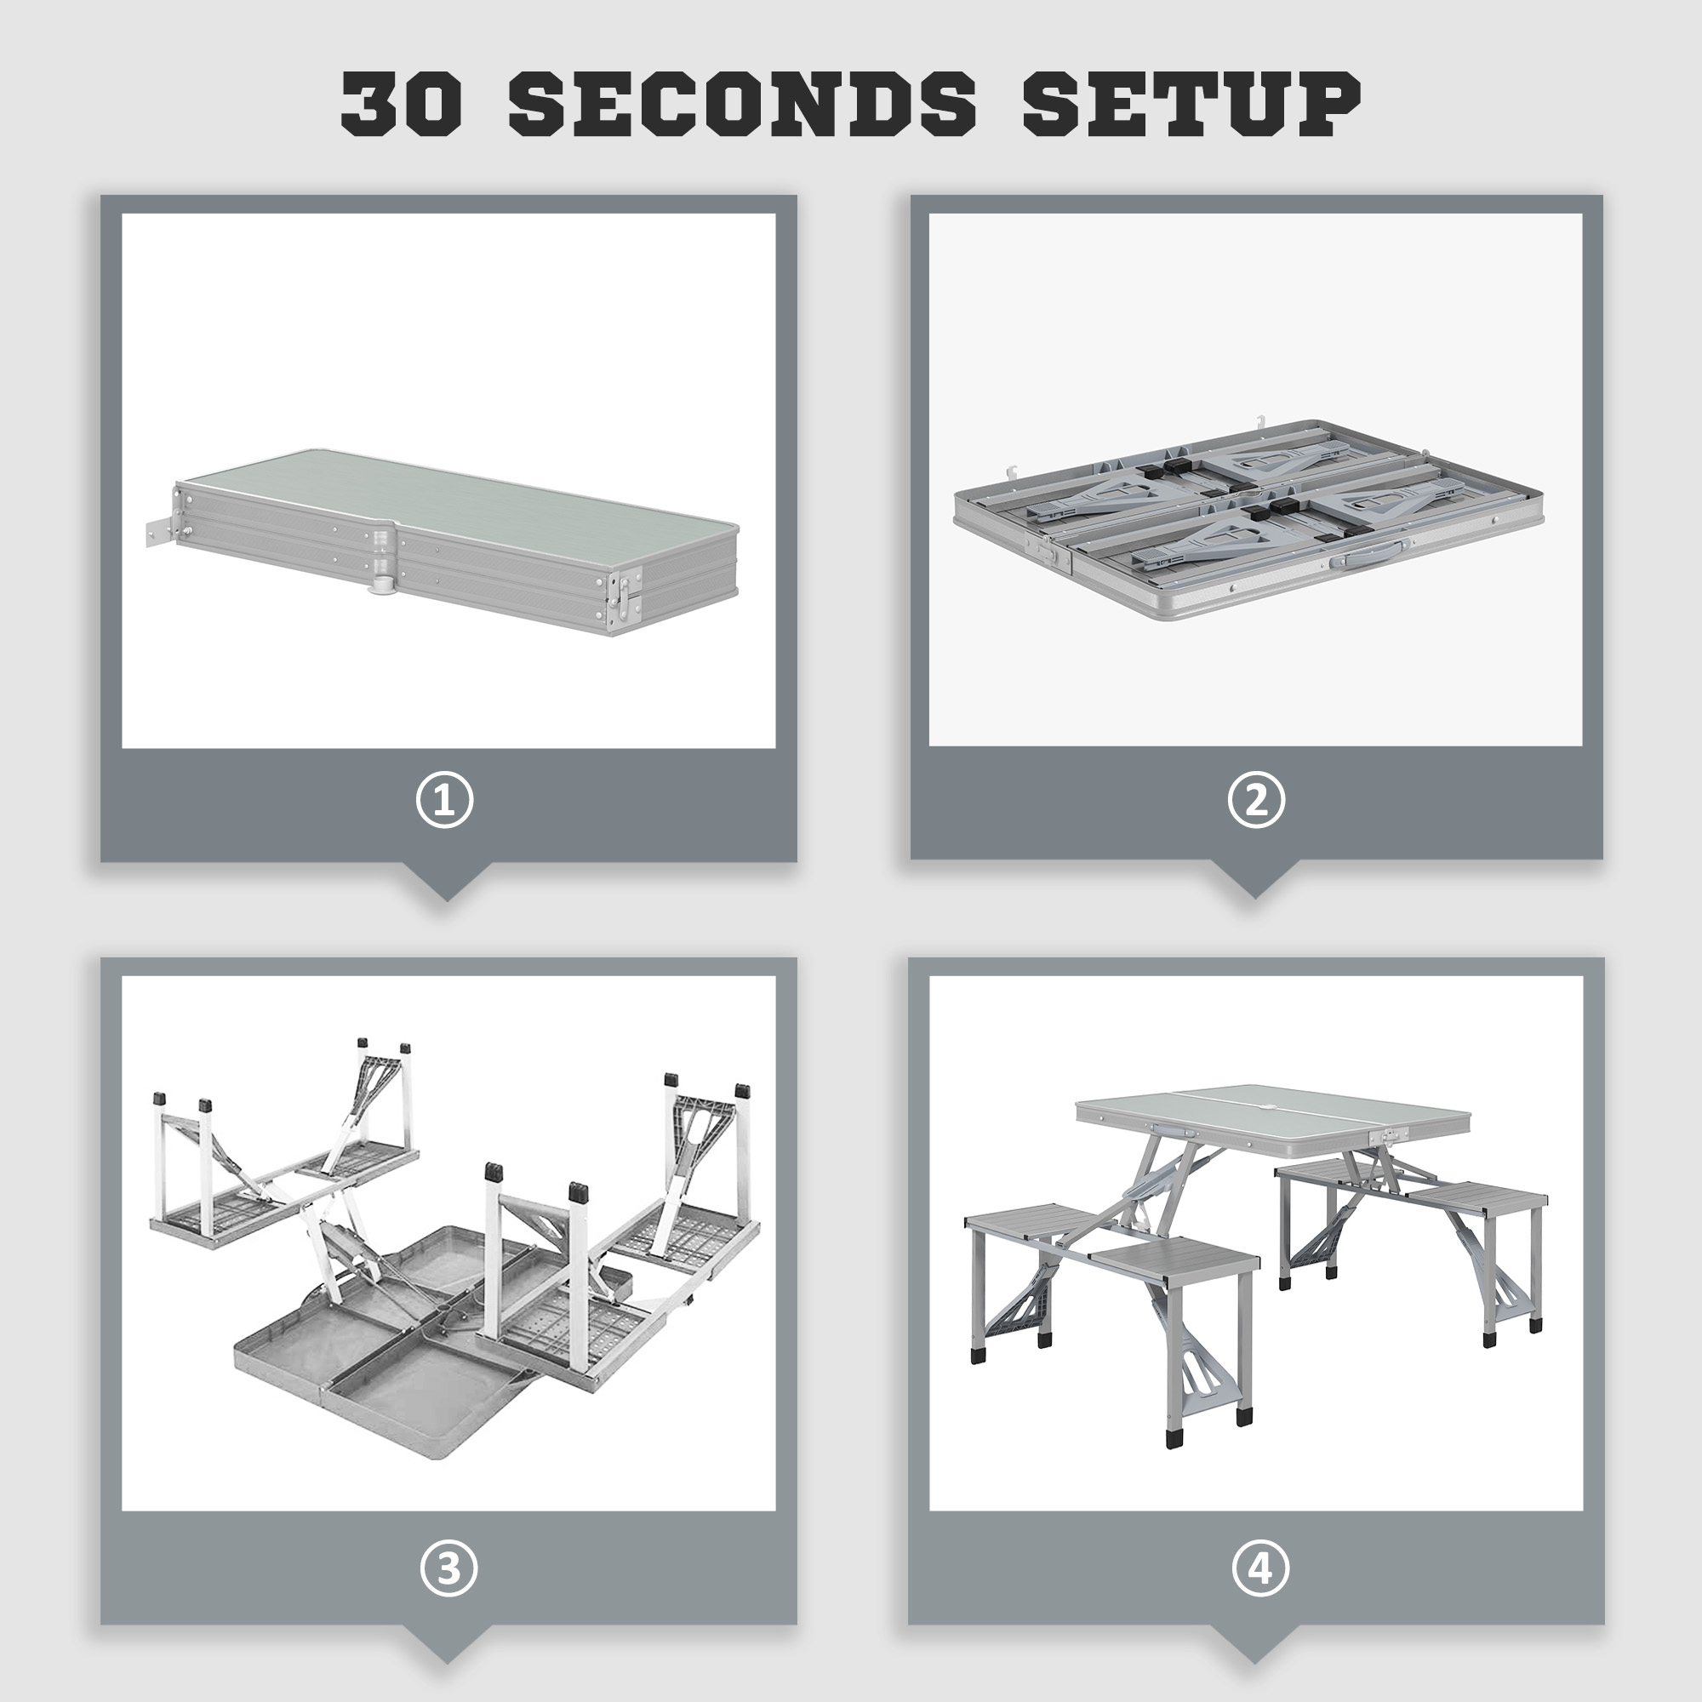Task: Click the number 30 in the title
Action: (x=401, y=104)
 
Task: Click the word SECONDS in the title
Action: (x=743, y=104)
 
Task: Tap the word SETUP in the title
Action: (x=1191, y=104)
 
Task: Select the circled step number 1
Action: (x=445, y=801)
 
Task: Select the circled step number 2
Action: (x=1256, y=800)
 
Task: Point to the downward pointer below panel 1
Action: (x=445, y=881)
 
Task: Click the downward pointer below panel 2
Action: (x=1254, y=878)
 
